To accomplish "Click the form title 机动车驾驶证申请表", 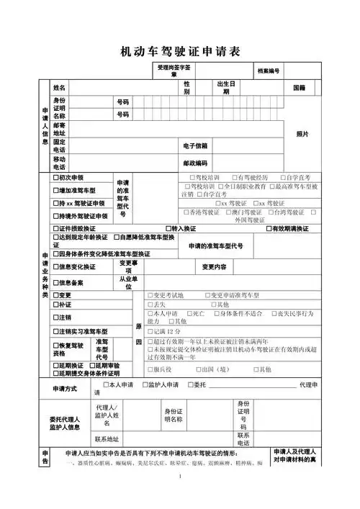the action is [x=180, y=51].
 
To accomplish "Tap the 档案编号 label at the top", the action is [x=269, y=71].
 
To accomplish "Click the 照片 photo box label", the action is [x=302, y=135].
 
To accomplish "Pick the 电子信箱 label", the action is [x=195, y=146].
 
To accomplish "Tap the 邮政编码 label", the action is [x=195, y=163].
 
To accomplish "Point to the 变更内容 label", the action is [x=214, y=267].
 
